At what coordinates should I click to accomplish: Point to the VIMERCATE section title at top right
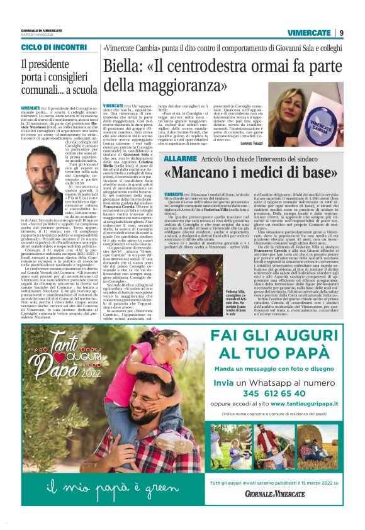click(x=310, y=33)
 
